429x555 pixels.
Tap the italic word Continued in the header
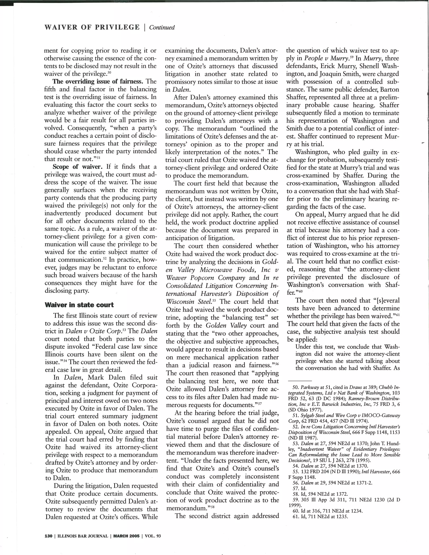pos(162,27)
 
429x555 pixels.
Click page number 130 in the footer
pos(48,536)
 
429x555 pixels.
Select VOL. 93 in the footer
pos(153,536)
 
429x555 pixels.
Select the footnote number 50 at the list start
pos(296,387)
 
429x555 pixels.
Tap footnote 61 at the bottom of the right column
pos(296,517)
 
